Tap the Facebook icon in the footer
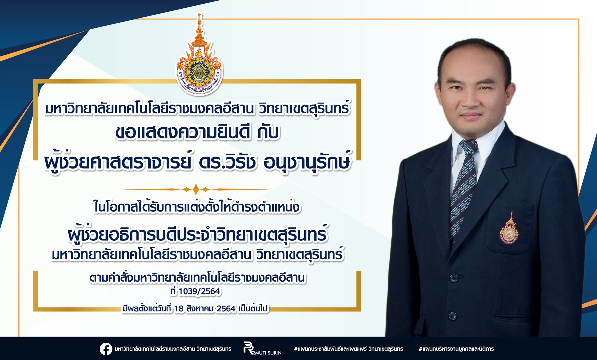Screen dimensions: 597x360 106,349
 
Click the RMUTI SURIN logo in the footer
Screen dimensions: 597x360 262,349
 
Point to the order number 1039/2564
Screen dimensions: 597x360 199,291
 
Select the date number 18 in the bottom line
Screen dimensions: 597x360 179,308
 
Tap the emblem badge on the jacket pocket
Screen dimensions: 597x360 509,228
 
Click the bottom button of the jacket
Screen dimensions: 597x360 453,316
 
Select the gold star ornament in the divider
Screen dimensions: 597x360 196,189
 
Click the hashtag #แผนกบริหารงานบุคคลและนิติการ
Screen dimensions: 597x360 456,349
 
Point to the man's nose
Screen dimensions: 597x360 472,100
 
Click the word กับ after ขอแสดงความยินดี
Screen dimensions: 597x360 268,132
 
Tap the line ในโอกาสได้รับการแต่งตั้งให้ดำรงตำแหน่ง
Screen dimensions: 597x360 196,206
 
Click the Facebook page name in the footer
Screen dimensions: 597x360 173,349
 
